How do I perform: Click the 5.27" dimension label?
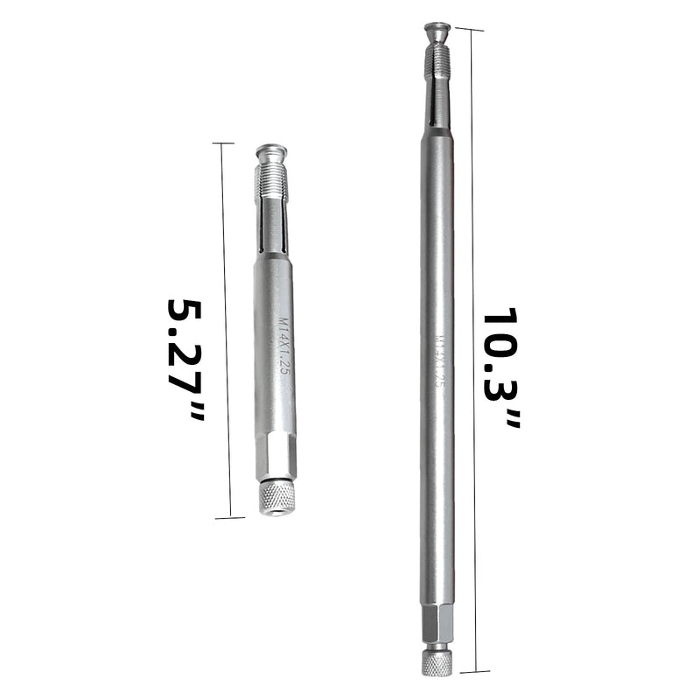(186, 359)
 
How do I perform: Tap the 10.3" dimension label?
(501, 367)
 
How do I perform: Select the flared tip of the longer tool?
(437, 31)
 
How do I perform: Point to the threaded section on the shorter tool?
(272, 182)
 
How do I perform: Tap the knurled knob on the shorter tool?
(276, 498)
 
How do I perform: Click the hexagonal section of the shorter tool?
(276, 455)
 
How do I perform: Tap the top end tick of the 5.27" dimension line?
(223, 143)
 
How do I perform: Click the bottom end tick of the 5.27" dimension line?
(229, 518)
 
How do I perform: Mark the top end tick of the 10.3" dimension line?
(470, 30)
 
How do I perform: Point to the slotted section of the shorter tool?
(272, 227)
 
